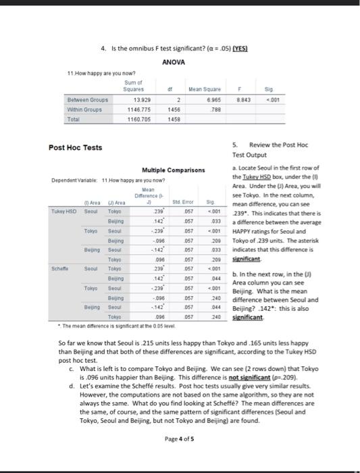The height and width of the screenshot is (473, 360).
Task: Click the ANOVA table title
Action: tap(174, 62)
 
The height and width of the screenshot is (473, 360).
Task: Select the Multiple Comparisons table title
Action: tap(173, 170)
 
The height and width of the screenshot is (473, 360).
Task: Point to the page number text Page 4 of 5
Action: tap(180, 439)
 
